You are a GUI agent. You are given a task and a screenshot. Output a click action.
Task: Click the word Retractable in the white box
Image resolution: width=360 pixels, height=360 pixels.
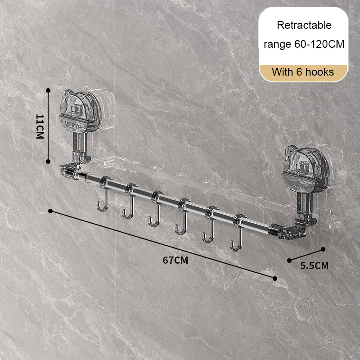pos(304,25)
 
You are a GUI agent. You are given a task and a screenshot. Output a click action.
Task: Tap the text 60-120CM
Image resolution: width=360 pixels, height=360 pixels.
pos(319,44)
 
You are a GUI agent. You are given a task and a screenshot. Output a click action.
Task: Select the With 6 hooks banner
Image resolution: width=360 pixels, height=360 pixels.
pos(303,72)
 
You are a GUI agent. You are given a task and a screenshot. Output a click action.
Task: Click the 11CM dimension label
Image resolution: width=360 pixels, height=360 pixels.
pos(40,126)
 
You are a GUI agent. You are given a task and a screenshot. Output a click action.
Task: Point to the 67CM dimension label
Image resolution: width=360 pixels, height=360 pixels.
pos(175,260)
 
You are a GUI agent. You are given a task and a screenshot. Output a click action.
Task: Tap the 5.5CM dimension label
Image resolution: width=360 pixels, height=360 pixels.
pos(314,265)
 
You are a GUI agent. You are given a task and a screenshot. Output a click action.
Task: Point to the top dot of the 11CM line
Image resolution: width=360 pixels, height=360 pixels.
pos(48,90)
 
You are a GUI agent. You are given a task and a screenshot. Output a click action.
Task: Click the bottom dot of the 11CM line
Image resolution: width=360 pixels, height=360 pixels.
pos(48,162)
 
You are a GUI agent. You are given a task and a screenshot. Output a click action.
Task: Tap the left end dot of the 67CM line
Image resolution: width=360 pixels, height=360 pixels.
pos(50,211)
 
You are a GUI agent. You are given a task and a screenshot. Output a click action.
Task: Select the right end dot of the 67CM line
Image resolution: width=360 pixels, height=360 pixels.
pos(275,279)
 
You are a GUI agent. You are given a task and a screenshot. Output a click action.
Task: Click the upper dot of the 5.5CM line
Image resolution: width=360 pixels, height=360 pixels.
pos(323,249)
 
